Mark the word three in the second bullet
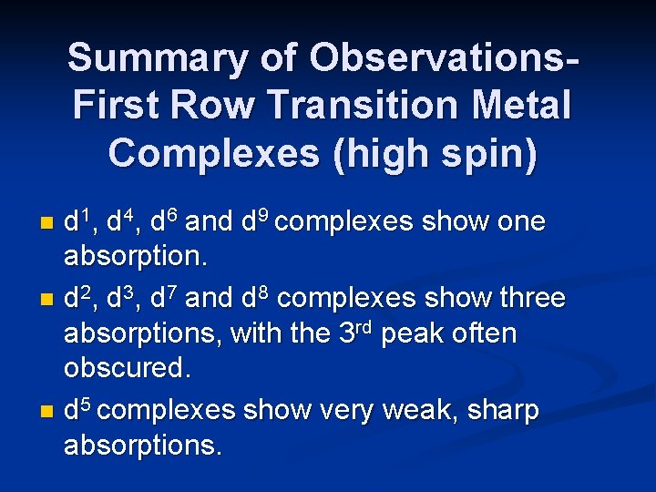click(x=532, y=298)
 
